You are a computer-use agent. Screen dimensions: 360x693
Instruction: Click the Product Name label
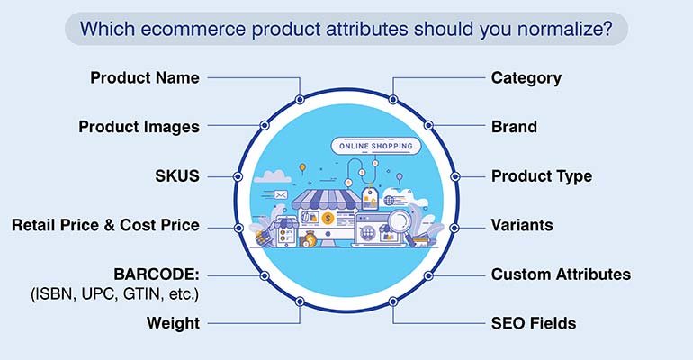(x=145, y=77)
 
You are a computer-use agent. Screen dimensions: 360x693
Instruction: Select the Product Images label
(x=139, y=127)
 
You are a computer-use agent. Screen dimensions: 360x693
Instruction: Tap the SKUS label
(x=177, y=176)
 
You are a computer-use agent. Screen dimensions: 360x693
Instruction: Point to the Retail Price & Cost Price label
(x=105, y=225)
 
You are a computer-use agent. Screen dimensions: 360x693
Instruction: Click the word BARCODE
(x=155, y=274)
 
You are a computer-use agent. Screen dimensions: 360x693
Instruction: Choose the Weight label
(x=174, y=323)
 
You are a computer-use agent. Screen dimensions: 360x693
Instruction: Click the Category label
(x=526, y=77)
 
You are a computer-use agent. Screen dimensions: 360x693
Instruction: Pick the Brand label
(x=514, y=127)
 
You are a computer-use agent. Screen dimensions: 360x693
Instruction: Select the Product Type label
(x=541, y=176)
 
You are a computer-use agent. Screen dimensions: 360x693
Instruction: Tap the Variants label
(x=522, y=225)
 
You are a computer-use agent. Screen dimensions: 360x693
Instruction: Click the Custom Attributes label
(x=561, y=274)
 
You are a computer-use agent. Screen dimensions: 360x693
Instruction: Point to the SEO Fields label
(x=533, y=323)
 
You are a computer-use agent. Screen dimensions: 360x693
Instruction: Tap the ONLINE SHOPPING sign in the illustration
(x=375, y=146)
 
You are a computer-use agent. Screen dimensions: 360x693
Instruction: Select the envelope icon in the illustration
(x=281, y=194)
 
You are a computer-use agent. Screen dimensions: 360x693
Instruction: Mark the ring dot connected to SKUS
(x=238, y=176)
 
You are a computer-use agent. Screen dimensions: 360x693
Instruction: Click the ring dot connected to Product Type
(x=455, y=176)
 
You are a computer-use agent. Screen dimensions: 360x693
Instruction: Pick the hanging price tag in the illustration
(x=368, y=197)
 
